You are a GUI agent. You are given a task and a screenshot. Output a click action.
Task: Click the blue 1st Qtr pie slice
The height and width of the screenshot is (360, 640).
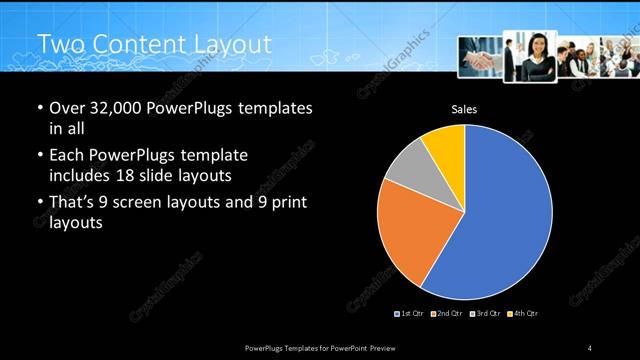tap(505, 220)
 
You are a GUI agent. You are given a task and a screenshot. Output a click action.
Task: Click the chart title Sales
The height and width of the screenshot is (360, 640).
tap(464, 107)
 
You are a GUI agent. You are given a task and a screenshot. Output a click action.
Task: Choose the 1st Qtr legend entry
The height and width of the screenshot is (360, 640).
tap(410, 314)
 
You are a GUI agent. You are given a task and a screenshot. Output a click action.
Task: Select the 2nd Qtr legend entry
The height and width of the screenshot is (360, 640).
tap(446, 314)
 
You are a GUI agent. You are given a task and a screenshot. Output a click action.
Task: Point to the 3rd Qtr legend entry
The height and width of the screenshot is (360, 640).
tap(484, 314)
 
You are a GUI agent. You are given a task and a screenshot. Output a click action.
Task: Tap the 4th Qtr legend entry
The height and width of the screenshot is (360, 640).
tap(522, 314)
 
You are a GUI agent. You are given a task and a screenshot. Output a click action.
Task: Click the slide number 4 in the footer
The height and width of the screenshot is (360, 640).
tap(590, 347)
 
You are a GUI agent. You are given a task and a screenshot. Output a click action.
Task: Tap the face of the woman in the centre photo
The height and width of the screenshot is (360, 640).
tap(531, 45)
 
